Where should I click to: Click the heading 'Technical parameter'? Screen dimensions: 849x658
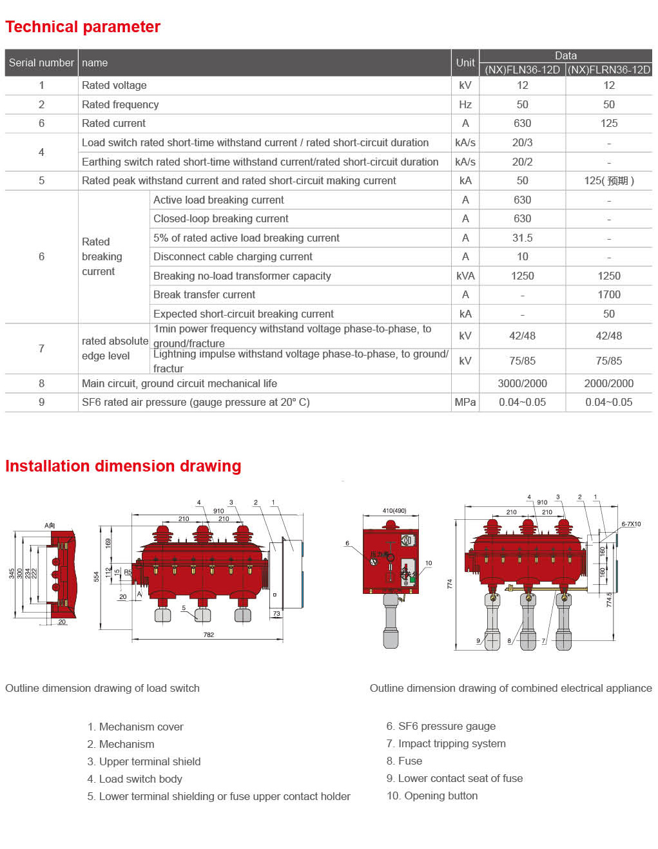point(82,27)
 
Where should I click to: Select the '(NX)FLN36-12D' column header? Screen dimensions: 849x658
point(522,70)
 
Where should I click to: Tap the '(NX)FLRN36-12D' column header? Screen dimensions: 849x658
point(608,70)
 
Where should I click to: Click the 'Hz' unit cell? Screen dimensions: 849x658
point(465,104)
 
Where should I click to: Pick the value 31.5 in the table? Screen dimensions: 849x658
point(522,238)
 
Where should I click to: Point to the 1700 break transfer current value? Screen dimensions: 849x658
point(608,294)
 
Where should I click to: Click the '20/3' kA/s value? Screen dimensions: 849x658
point(522,142)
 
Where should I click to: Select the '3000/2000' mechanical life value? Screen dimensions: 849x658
point(522,383)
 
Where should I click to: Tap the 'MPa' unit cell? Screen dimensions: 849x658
point(465,402)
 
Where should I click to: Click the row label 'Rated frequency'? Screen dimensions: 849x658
point(120,104)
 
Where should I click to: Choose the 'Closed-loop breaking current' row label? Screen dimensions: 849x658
point(220,218)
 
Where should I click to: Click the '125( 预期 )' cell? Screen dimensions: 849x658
point(608,180)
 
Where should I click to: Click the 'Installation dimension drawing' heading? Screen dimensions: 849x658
point(123,466)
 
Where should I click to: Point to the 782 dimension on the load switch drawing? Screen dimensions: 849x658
point(208,634)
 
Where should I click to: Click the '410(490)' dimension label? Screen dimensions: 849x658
point(394,511)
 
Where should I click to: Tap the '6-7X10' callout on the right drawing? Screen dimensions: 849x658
point(631,524)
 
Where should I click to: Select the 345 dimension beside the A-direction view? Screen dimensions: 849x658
point(12,573)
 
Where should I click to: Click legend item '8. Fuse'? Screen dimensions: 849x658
point(404,761)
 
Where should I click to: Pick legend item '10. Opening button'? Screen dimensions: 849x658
point(432,796)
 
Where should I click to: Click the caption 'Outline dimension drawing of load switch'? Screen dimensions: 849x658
point(102,688)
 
